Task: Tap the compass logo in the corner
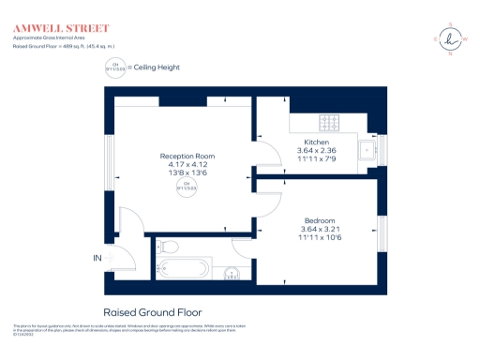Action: tap(451, 39)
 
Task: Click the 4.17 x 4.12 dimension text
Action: tap(187, 166)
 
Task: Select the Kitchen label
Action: tap(316, 142)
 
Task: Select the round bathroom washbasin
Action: tap(232, 274)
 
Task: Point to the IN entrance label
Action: tap(97, 258)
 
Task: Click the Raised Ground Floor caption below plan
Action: tap(152, 312)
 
